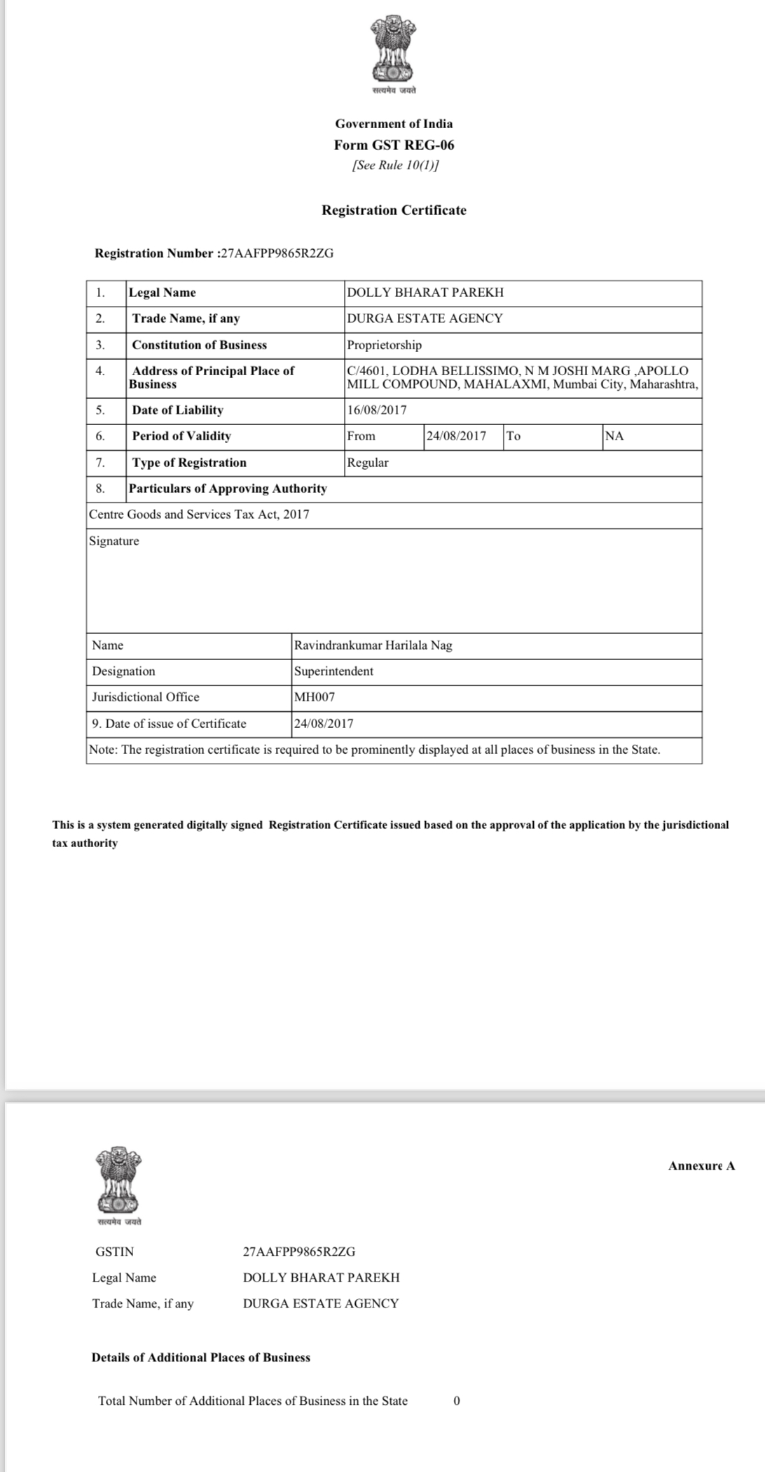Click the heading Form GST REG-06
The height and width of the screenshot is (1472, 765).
(394, 145)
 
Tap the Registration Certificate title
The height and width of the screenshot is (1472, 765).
(394, 210)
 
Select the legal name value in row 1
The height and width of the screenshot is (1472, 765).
(425, 293)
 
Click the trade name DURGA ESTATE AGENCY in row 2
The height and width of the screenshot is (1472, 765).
(425, 318)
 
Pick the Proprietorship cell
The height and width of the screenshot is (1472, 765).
(385, 345)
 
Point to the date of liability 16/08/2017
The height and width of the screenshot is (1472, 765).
(377, 410)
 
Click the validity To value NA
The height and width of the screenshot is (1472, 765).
(614, 436)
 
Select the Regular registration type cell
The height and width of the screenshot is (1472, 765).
(368, 463)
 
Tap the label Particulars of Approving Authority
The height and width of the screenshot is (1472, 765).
(228, 489)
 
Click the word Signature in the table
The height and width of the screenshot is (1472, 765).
(114, 541)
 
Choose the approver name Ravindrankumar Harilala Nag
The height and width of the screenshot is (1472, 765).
(373, 645)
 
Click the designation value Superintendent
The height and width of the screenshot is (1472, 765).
(333, 671)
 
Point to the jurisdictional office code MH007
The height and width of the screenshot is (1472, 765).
(315, 697)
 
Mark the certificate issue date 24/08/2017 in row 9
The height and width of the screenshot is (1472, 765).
(324, 724)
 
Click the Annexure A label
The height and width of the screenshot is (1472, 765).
(701, 1166)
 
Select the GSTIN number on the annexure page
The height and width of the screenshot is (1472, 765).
(299, 1252)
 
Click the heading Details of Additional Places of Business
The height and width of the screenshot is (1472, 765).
(201, 1357)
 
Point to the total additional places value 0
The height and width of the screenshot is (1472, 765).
(457, 1401)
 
